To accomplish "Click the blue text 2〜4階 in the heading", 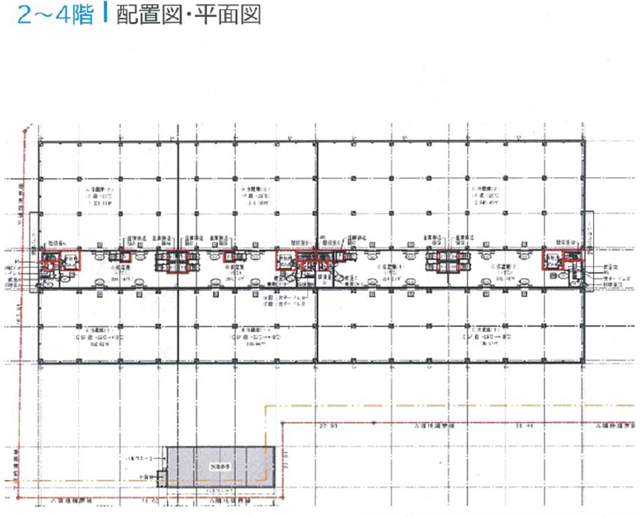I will tap(55, 15).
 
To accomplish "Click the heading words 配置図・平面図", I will tap(189, 15).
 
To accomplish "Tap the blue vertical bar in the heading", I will tap(106, 14).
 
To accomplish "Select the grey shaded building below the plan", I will tap(221, 466).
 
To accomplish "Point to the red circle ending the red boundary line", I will tap(25, 128).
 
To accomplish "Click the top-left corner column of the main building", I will tap(40, 143).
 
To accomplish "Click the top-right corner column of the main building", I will tap(585, 143).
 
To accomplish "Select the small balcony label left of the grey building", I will tap(149, 456).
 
